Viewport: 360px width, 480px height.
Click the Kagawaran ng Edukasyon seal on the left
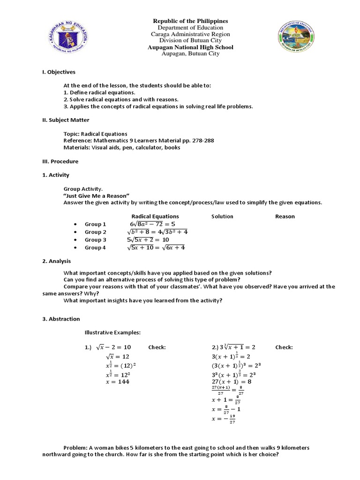[x=70, y=37]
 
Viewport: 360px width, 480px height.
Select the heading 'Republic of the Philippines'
[x=190, y=21]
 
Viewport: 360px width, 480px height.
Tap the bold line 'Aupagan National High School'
[x=190, y=47]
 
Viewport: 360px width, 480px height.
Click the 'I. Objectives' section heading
[x=59, y=72]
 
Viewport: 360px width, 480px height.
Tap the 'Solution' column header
[x=222, y=217]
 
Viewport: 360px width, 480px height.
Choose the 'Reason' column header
[x=285, y=217]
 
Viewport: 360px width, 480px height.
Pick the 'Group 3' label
[x=96, y=240]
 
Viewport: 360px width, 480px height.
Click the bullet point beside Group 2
[x=75, y=232]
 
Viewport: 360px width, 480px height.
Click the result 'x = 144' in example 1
[x=117, y=382]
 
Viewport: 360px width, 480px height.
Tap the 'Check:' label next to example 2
[x=284, y=347]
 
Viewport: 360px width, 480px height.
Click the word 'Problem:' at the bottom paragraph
[x=75, y=448]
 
